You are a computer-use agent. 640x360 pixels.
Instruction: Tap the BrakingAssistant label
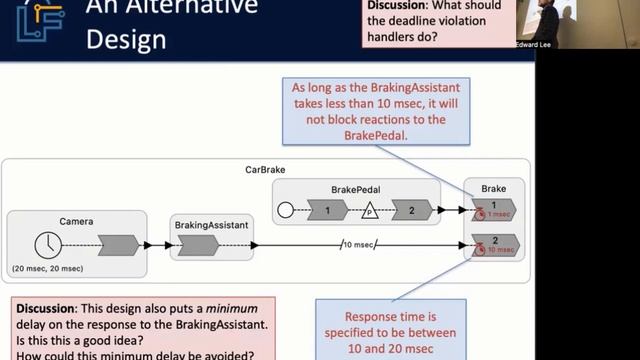click(x=210, y=225)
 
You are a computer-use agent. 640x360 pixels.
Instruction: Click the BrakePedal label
click(x=355, y=189)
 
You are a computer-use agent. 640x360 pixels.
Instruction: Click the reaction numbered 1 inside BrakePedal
click(x=326, y=210)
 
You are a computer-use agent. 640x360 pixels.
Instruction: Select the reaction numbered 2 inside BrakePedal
click(x=410, y=210)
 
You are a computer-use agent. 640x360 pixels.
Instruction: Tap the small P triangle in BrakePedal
click(x=368, y=211)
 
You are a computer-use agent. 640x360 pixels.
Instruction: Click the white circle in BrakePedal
click(x=285, y=210)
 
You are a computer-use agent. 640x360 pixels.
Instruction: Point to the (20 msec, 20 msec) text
click(x=47, y=270)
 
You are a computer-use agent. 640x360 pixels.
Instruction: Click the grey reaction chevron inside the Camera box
click(x=119, y=245)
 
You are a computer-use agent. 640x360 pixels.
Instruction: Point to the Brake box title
click(x=493, y=188)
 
